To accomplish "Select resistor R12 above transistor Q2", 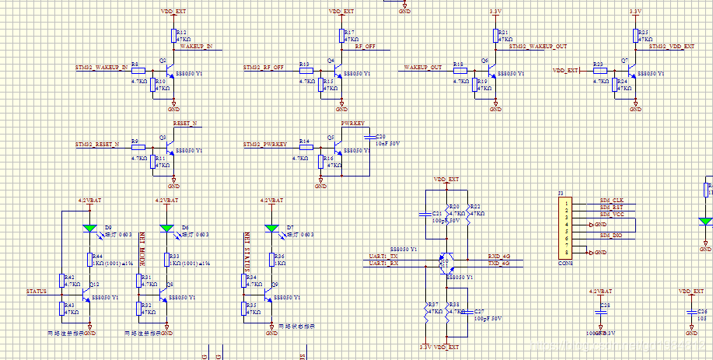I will point(173,36).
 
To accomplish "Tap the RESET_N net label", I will point(185,124).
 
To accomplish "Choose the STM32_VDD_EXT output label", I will point(671,47).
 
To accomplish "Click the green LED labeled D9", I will point(89,228).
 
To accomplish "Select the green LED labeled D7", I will point(271,228).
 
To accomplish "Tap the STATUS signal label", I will point(37,292).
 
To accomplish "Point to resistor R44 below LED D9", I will point(89,260).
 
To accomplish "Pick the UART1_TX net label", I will point(383,256).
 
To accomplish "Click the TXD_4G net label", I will point(498,264).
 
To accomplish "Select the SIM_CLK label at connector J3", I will point(612,201).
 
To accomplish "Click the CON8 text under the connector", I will point(565,263).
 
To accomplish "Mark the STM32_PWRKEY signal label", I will point(265,145).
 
